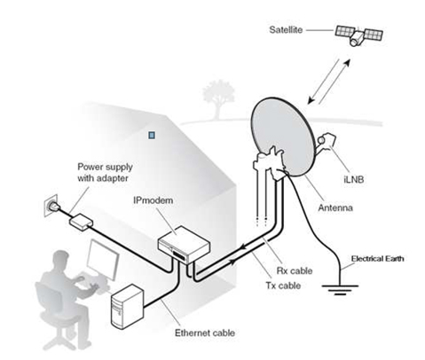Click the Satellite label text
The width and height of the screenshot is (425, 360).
pos(286,30)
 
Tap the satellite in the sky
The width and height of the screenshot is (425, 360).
pos(358,35)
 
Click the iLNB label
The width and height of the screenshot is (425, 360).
pos(354,179)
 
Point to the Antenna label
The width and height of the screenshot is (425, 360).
pos(335,207)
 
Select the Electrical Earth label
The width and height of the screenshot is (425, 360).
pos(377,259)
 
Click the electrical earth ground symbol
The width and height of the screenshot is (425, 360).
pos(340,290)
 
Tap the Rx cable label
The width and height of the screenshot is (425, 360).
pos(295,270)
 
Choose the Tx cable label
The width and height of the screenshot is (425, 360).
pos(283,286)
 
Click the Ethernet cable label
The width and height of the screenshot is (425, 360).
pos(205,333)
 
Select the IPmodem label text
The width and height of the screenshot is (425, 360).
pos(153,200)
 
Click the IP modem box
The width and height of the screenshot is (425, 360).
pos(184,244)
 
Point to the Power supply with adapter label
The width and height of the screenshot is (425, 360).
pos(105,173)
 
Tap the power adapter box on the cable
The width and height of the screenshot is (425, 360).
pos(81,222)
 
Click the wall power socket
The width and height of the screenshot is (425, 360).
pos(51,205)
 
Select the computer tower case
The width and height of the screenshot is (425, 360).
pos(127,307)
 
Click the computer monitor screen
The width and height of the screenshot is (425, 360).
pos(103,260)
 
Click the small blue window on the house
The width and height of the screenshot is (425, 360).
pos(152,136)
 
